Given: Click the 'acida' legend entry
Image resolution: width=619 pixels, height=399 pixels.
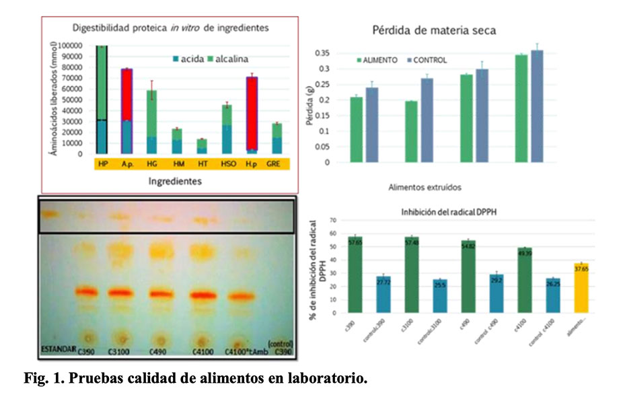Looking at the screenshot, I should click(x=192, y=57).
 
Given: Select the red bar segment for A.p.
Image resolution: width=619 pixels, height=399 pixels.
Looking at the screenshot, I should click(x=126, y=94).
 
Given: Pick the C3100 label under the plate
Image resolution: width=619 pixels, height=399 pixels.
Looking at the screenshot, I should click(x=120, y=351).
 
